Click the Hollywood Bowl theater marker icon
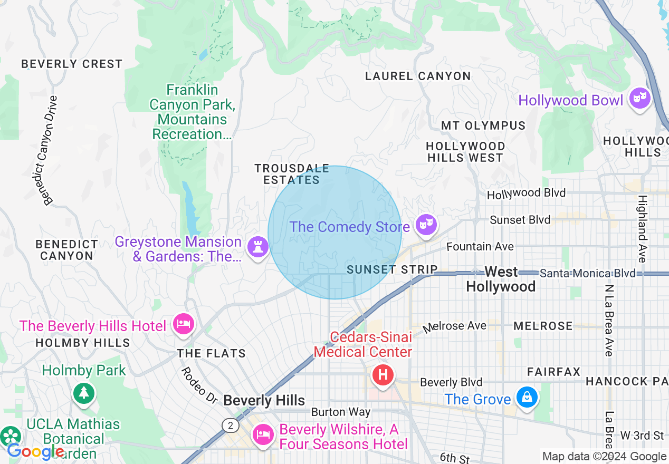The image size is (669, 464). [x=639, y=99]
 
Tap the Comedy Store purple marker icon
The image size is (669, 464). [x=425, y=225]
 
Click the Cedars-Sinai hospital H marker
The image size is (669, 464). [x=383, y=375]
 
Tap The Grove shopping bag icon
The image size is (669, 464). [x=527, y=398]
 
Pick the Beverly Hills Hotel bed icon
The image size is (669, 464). [x=183, y=324]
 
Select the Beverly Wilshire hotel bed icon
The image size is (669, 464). [x=262, y=435]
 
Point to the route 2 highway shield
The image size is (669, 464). [x=230, y=425]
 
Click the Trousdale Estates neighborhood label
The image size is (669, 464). [x=292, y=174]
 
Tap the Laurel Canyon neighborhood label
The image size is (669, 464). [x=418, y=76]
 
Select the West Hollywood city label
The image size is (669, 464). [x=501, y=279]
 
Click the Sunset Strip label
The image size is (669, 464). [x=392, y=269]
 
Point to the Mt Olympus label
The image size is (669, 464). [x=483, y=125]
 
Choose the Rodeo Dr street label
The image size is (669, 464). [x=199, y=385]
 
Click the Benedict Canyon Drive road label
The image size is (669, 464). [x=48, y=150]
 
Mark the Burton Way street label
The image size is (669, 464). [x=340, y=412]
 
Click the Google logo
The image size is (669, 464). [x=35, y=452]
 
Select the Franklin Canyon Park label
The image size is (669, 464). [x=192, y=112]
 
